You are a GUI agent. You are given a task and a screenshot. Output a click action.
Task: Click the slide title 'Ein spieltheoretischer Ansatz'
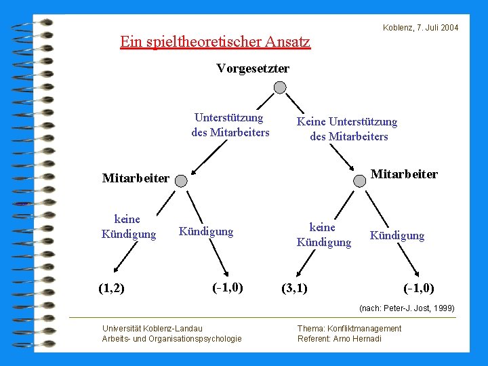(x=215, y=42)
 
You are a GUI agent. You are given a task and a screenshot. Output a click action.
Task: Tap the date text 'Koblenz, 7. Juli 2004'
(x=420, y=28)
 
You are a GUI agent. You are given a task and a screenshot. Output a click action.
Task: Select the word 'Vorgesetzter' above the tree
(x=253, y=68)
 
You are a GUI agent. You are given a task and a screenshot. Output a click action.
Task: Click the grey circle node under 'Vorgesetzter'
(x=280, y=87)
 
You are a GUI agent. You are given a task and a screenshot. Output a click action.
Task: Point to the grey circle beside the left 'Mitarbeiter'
(x=181, y=180)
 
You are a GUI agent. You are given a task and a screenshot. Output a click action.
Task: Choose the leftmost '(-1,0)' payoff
(x=228, y=287)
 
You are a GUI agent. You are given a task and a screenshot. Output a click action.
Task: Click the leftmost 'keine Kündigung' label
(x=128, y=226)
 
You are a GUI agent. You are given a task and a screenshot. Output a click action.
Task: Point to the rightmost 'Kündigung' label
(x=396, y=236)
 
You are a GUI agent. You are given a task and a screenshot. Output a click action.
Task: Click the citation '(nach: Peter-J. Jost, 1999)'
(x=407, y=308)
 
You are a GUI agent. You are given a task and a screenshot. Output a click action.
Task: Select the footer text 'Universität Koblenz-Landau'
(x=152, y=329)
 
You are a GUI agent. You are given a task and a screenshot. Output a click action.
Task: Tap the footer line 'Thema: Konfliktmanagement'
(x=349, y=329)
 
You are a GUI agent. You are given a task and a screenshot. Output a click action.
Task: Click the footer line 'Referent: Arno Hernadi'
(x=339, y=339)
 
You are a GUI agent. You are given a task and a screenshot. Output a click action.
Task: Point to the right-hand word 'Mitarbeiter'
(x=404, y=174)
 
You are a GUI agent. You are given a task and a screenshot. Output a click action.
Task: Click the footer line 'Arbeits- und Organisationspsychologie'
(x=171, y=339)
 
